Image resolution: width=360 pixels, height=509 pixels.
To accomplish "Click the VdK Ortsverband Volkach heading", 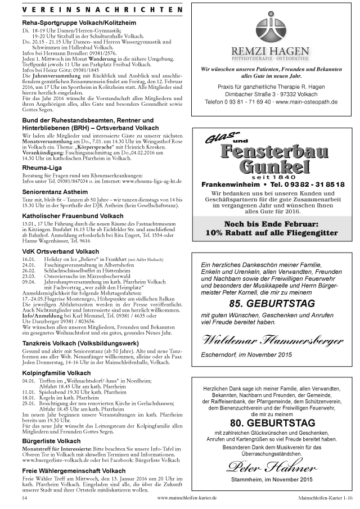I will point(61,251).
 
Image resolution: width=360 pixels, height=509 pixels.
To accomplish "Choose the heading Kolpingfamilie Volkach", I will point(56,373).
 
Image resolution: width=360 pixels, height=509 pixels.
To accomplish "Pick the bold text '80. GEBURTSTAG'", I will point(272,422).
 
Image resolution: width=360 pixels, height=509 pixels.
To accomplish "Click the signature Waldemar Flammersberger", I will point(272,340).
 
